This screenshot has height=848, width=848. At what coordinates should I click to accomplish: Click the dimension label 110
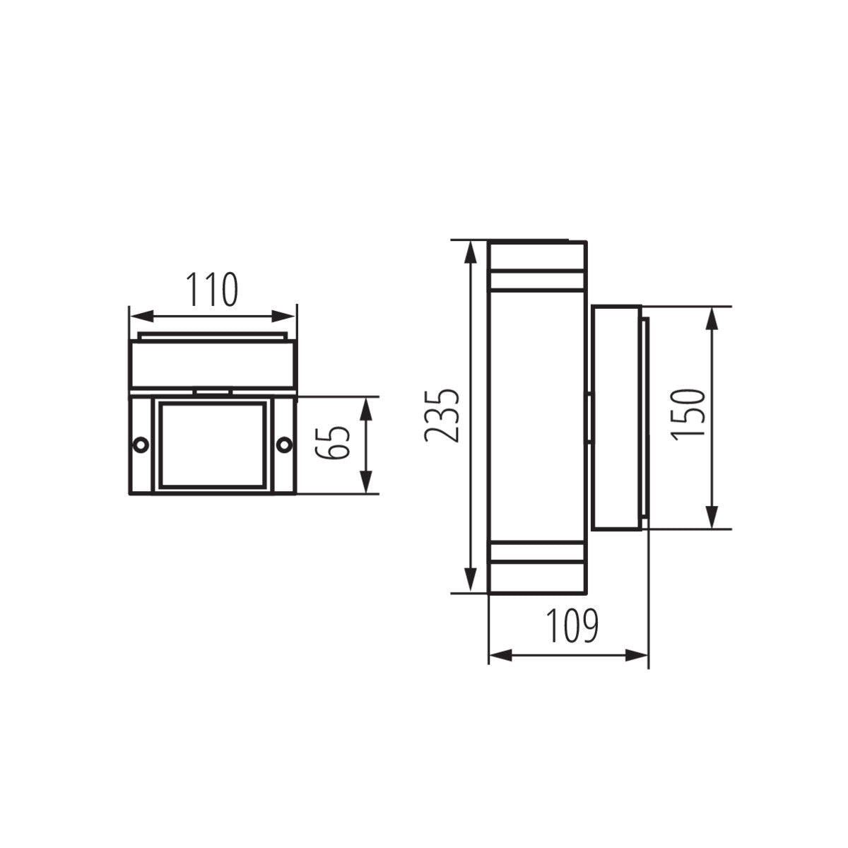212,290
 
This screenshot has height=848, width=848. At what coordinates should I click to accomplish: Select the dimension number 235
442,416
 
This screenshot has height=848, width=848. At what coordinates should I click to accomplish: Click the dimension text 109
572,625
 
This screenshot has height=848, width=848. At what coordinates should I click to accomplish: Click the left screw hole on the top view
141,444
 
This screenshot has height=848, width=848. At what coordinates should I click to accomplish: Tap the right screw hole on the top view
284,444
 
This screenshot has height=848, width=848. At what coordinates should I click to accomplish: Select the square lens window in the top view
213,444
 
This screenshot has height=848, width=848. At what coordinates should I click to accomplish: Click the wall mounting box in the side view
616,417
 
